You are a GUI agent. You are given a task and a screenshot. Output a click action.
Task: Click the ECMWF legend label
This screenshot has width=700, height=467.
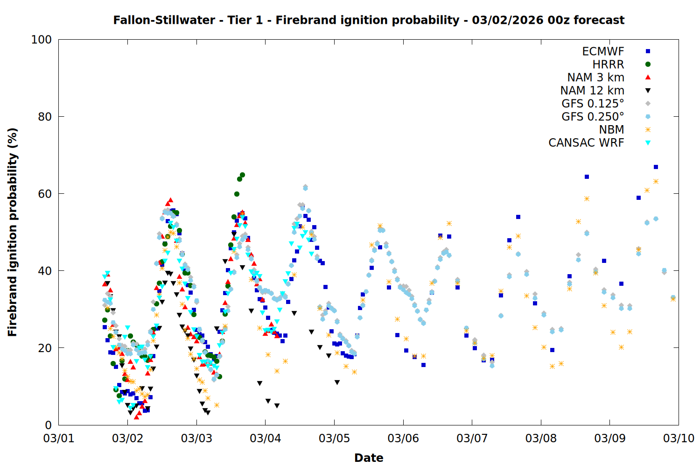[x=603, y=51]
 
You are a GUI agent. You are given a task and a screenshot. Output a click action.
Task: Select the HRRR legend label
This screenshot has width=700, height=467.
[x=608, y=64]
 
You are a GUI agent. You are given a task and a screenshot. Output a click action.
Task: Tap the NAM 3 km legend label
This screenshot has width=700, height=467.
[x=595, y=78]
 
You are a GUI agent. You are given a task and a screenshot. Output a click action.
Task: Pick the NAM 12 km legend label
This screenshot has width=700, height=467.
[x=592, y=91]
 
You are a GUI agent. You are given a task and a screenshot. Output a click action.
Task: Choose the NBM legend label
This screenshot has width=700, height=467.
[x=611, y=130]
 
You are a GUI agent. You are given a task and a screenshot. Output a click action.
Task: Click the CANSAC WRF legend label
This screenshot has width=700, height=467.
[x=586, y=143]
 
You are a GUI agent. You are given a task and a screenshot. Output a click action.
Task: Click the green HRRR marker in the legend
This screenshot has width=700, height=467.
[x=648, y=64]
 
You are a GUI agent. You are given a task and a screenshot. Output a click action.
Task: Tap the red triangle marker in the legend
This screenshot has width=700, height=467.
[x=648, y=78]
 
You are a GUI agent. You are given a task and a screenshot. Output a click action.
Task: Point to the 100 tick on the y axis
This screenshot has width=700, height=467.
[x=42, y=40]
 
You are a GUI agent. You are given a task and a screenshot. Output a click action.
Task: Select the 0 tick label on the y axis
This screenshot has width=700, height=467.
[x=48, y=425]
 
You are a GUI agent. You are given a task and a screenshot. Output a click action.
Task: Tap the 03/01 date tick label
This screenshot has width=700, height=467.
[x=58, y=439]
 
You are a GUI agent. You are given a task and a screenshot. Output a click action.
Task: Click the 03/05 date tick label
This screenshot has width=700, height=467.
[x=334, y=439]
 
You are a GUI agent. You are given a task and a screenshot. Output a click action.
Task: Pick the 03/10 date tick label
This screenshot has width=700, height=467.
[x=679, y=439]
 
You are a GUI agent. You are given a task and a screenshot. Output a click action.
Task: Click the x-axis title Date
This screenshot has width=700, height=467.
[x=369, y=458]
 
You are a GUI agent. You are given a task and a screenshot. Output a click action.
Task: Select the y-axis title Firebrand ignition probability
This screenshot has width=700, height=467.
[x=12, y=232]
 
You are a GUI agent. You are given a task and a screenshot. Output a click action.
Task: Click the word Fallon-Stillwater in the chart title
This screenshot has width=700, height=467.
[x=164, y=20]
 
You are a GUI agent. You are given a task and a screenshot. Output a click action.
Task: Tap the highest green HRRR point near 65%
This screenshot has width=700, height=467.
[x=242, y=175]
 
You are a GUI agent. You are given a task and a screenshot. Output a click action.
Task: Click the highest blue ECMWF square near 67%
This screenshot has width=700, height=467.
[x=656, y=167]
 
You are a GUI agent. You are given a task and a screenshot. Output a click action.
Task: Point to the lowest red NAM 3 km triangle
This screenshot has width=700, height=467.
[x=136, y=417]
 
